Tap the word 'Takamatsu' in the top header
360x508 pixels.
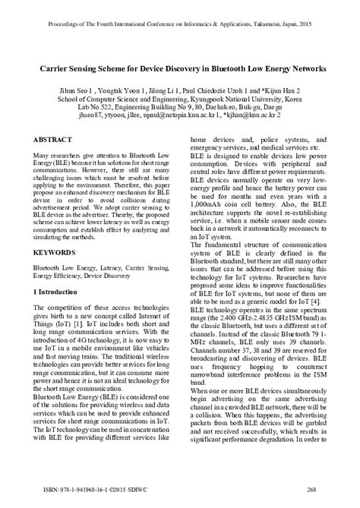pyautogui.click(x=284, y=11)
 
